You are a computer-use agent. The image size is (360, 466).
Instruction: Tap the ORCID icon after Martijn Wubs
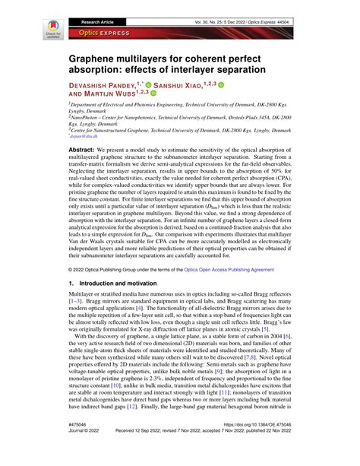coord(153,95)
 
